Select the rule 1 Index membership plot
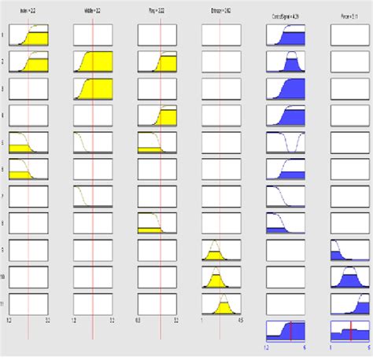tap(29, 35)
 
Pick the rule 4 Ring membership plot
tap(157, 115)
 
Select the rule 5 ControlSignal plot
tap(286, 142)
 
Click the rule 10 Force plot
tap(349, 277)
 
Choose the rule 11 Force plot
tap(349, 303)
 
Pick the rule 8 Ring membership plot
tap(157, 222)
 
